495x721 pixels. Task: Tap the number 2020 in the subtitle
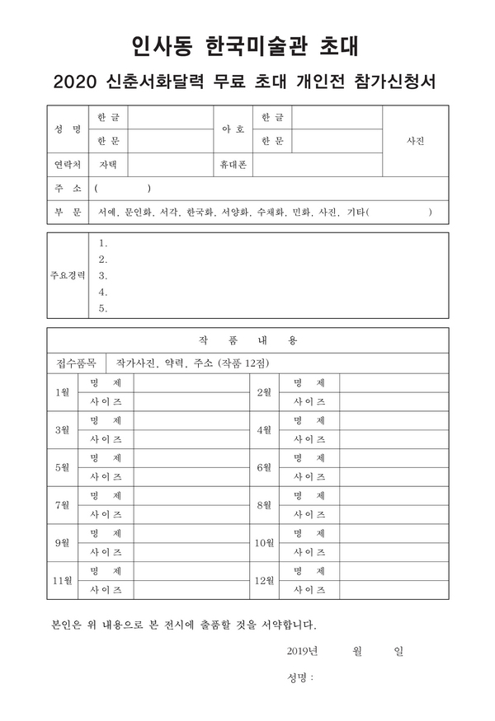(x=75, y=83)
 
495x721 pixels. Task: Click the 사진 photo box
(x=415, y=141)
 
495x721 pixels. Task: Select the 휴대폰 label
(x=233, y=165)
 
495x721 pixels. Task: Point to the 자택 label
(x=108, y=165)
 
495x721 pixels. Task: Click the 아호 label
(x=233, y=129)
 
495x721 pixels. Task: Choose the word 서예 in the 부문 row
(x=106, y=213)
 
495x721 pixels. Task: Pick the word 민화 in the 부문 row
(x=301, y=213)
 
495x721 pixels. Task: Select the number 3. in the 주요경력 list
(x=103, y=276)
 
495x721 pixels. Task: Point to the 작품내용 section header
(x=247, y=339)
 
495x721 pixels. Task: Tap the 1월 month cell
(x=62, y=392)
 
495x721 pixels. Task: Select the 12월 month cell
(x=264, y=581)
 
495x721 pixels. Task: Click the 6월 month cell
(x=264, y=467)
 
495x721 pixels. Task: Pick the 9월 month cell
(x=62, y=543)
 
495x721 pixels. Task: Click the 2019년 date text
(x=302, y=651)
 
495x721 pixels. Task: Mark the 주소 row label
(x=67, y=189)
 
